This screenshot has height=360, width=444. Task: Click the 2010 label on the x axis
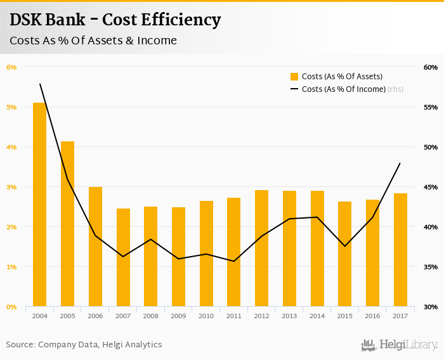click(206, 316)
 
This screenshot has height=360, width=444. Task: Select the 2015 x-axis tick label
click(344, 316)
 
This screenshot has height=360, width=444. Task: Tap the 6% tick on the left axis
click(11, 67)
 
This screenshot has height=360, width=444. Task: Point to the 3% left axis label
click(11, 187)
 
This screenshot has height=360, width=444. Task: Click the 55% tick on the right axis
click(413, 107)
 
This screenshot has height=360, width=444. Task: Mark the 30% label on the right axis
click(413, 307)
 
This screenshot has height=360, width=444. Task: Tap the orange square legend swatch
click(294, 77)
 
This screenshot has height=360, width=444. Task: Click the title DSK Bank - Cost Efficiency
click(115, 20)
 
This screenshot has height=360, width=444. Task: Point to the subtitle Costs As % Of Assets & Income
click(93, 41)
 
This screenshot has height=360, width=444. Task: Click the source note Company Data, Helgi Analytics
click(84, 345)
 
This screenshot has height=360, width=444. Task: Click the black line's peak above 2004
click(40, 84)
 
